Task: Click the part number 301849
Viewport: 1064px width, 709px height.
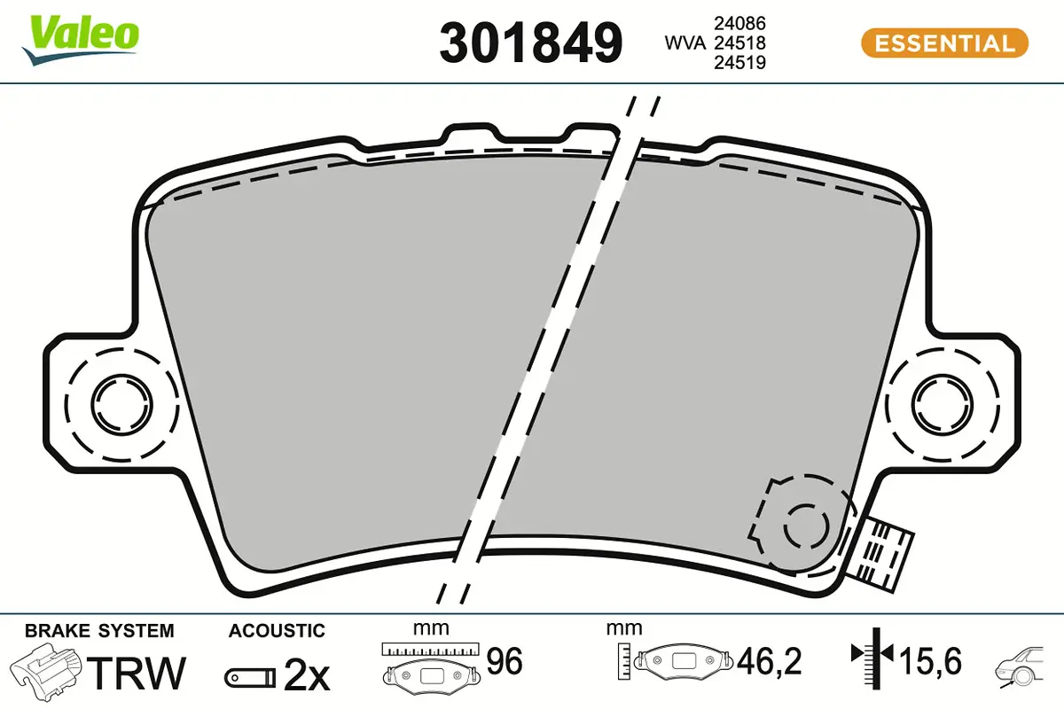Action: tap(531, 42)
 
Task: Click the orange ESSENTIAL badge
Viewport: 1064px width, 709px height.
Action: tap(944, 43)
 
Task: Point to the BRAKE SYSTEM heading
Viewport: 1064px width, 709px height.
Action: tap(99, 631)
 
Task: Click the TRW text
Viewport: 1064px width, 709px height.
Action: tap(139, 674)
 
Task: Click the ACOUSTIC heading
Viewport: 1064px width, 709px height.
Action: tap(277, 631)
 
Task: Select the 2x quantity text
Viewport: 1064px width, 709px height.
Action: tap(306, 676)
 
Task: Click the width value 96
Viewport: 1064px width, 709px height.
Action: tap(505, 660)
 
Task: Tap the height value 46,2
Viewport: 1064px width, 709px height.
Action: tap(770, 660)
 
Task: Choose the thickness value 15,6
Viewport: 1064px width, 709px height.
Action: tap(930, 660)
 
